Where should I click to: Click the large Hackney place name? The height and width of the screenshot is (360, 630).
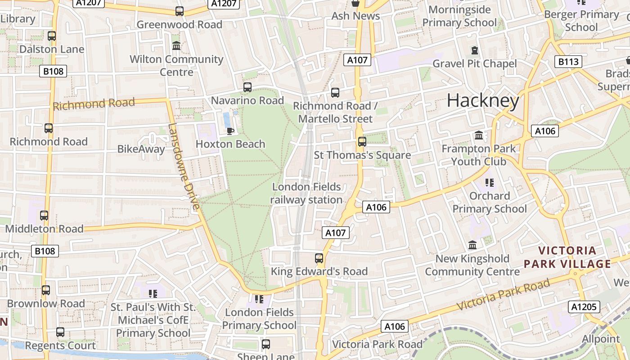tap(483, 100)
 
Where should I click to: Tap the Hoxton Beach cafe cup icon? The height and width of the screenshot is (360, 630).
tap(230, 131)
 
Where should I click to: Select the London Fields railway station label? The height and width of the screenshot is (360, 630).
tap(307, 193)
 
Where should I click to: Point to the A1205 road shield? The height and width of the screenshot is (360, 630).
tap(584, 307)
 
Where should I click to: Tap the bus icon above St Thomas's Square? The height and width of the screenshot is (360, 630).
tap(362, 142)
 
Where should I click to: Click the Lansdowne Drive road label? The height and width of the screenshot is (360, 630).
tap(183, 167)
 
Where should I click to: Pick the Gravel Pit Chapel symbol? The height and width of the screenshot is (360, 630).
tap(474, 50)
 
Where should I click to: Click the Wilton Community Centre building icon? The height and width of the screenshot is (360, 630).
tap(176, 46)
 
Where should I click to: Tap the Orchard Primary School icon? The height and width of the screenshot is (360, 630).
tap(490, 182)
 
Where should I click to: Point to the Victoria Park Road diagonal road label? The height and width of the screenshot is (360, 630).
tap(504, 294)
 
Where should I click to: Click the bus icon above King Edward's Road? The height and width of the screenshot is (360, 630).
tap(319, 258)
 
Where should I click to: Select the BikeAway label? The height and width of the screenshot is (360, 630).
tap(141, 149)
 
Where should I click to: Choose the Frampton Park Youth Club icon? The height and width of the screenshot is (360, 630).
tap(479, 135)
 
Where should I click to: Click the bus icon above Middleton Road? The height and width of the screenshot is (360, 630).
tap(44, 216)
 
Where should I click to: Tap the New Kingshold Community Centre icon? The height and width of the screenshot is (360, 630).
tap(472, 245)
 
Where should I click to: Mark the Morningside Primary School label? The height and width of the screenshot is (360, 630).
tap(459, 16)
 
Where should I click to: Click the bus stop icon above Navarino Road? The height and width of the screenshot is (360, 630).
tap(247, 87)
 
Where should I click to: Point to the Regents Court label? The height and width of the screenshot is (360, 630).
tap(60, 346)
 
